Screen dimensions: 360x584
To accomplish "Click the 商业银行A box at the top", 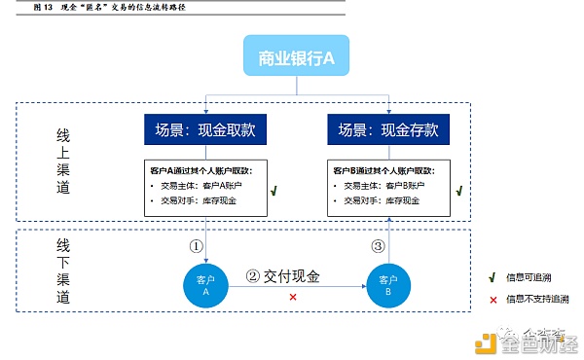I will tap(296, 58).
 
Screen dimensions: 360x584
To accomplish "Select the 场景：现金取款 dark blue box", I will tap(205, 129).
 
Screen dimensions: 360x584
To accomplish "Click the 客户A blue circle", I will tap(202, 284).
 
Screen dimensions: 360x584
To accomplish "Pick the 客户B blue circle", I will tap(385, 284).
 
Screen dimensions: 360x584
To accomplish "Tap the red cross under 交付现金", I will tap(293, 296).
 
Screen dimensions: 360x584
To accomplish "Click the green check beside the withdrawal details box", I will tap(275, 193).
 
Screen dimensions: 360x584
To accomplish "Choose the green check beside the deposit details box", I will tap(458, 193).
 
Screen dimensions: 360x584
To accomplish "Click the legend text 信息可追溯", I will tap(529, 277).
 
